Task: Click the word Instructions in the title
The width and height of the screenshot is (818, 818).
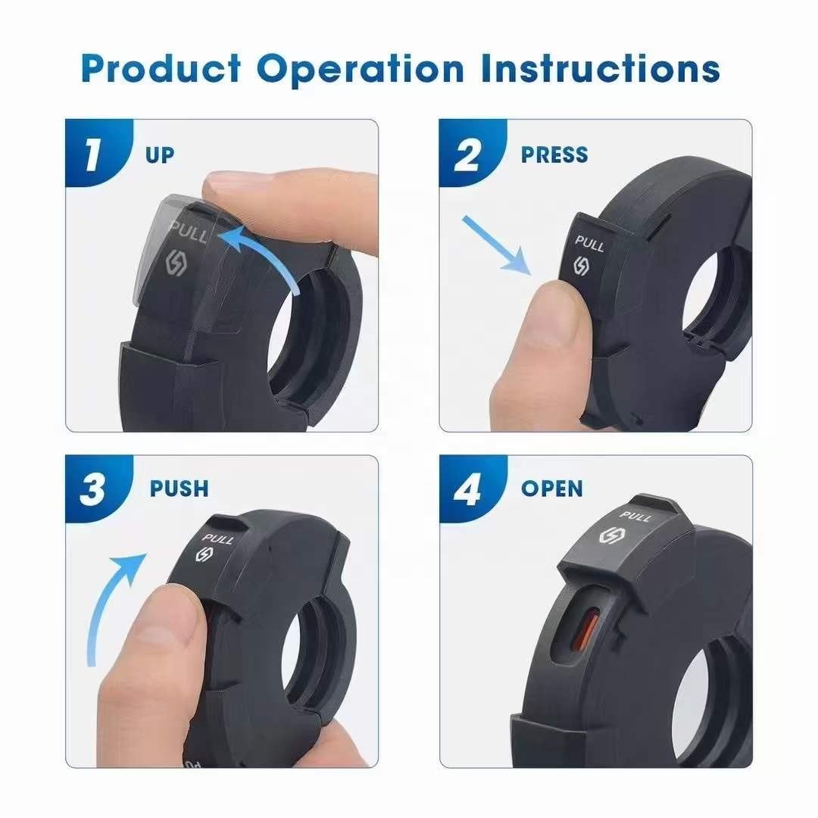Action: click(x=601, y=69)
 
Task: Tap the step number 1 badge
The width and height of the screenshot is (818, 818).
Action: click(x=96, y=152)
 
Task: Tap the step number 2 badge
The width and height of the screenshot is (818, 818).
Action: click(x=470, y=152)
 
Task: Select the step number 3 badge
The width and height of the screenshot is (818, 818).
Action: click(x=96, y=489)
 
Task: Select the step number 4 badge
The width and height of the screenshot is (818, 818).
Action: click(x=470, y=489)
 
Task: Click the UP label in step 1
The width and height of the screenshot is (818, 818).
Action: click(x=160, y=155)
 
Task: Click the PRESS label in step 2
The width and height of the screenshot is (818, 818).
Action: click(x=554, y=155)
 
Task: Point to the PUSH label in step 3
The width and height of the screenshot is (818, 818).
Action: click(x=179, y=489)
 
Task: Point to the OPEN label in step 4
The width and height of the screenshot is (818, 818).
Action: click(x=552, y=489)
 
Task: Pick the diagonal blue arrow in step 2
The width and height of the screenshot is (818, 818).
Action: click(x=495, y=245)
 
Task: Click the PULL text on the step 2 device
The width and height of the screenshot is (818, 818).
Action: click(x=589, y=243)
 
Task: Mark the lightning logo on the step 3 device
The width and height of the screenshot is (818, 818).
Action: click(x=204, y=554)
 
